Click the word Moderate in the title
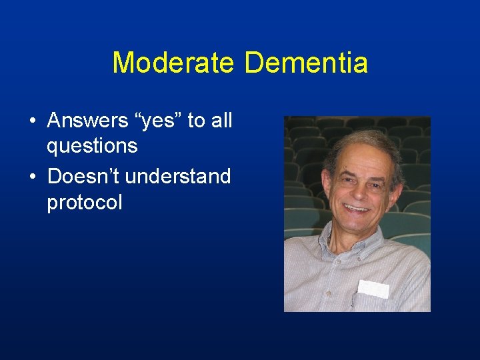pos(173,63)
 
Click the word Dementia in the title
pos(306,63)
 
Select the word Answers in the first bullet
pos(87,121)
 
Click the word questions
pos(92,145)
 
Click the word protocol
pos(85,202)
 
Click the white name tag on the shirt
pos(373,288)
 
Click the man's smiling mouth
pos(356,208)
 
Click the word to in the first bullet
pos(195,121)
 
